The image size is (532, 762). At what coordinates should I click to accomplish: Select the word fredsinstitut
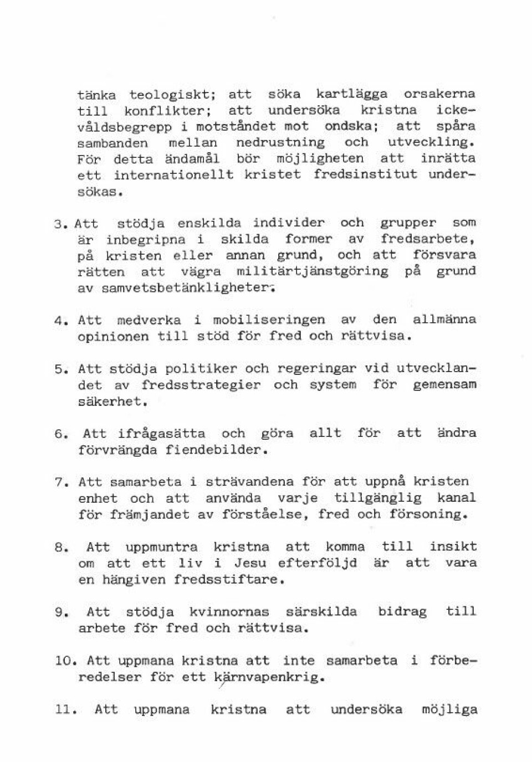point(365,174)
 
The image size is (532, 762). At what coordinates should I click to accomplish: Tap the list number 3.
point(60,224)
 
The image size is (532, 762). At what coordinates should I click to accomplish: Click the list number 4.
point(61,321)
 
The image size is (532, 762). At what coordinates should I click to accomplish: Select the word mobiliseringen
point(269,320)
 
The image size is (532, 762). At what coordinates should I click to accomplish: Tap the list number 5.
point(61,369)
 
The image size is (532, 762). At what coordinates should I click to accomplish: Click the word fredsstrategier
point(201,385)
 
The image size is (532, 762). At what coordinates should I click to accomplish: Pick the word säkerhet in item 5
point(112,401)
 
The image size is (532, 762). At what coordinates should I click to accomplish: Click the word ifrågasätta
point(161,434)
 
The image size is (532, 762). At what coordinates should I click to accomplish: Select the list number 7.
point(61,482)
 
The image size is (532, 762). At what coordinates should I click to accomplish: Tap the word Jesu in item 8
point(250,563)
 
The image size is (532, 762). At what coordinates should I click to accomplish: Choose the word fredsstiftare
point(229,580)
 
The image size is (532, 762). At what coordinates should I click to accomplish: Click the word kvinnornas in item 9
point(229,612)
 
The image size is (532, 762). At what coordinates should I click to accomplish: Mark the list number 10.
point(64,661)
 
